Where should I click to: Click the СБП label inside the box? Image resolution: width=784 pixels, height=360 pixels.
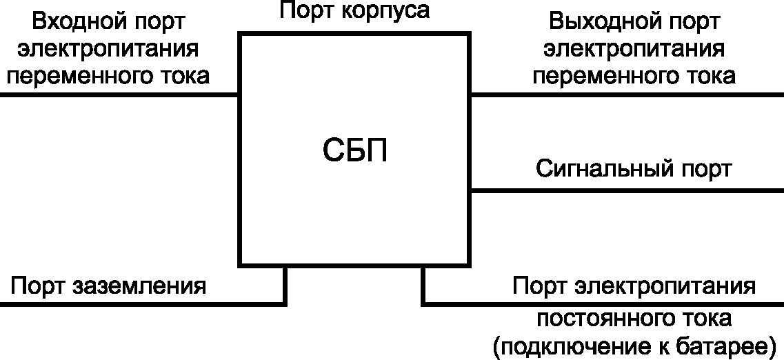[x=355, y=151]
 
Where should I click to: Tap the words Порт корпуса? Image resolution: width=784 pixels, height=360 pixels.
[x=355, y=11]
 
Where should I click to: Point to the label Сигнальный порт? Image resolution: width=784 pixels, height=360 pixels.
[x=634, y=168]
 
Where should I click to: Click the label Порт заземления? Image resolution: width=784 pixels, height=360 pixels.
[x=108, y=286]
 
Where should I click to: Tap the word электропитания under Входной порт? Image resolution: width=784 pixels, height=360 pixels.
[x=109, y=49]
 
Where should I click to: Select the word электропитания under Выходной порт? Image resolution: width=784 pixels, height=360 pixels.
[x=634, y=49]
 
